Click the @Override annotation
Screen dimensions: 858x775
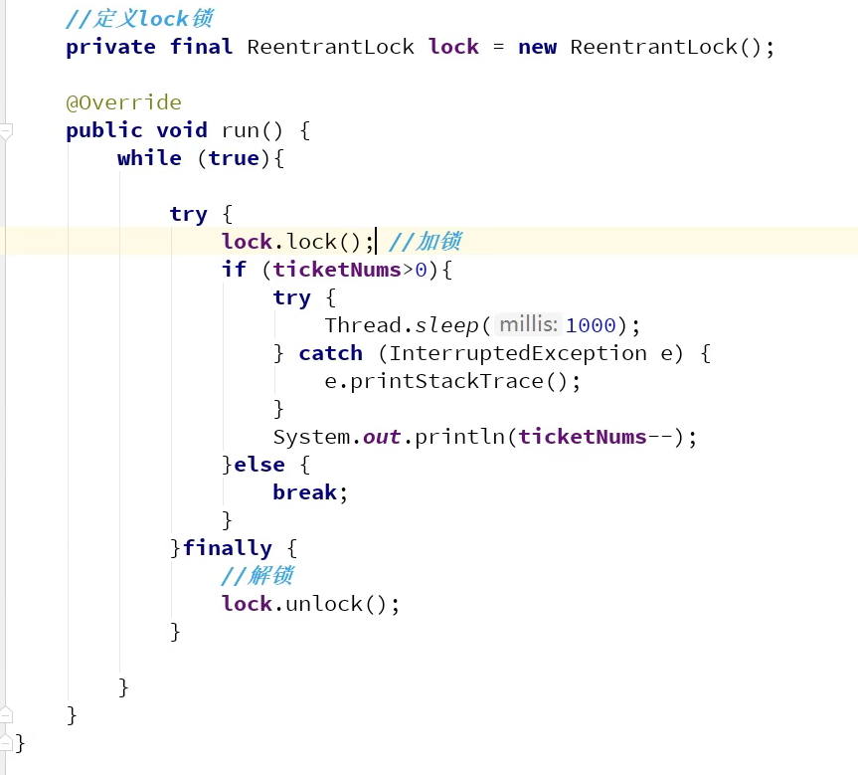click(x=123, y=102)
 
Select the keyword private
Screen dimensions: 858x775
click(x=110, y=48)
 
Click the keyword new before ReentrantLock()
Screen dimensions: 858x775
click(x=537, y=48)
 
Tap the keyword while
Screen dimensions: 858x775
click(x=149, y=158)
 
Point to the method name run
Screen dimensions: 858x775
click(x=241, y=131)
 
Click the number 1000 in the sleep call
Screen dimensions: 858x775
click(x=591, y=325)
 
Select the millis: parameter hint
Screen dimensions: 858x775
click(x=528, y=324)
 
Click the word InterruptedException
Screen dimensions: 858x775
click(x=518, y=353)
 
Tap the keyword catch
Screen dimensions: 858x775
click(x=330, y=353)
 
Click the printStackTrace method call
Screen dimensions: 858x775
click(x=446, y=381)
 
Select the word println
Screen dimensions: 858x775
click(x=459, y=437)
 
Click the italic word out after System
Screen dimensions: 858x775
click(x=382, y=437)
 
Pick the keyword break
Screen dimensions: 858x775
click(x=305, y=491)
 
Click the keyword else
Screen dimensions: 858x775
click(x=259, y=465)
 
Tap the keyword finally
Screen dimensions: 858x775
click(x=227, y=548)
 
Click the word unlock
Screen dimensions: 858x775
click(x=324, y=604)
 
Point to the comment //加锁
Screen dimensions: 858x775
click(x=426, y=242)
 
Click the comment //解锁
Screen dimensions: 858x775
click(x=257, y=576)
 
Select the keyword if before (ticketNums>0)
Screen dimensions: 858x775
click(x=234, y=270)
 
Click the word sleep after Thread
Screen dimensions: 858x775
click(x=447, y=326)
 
